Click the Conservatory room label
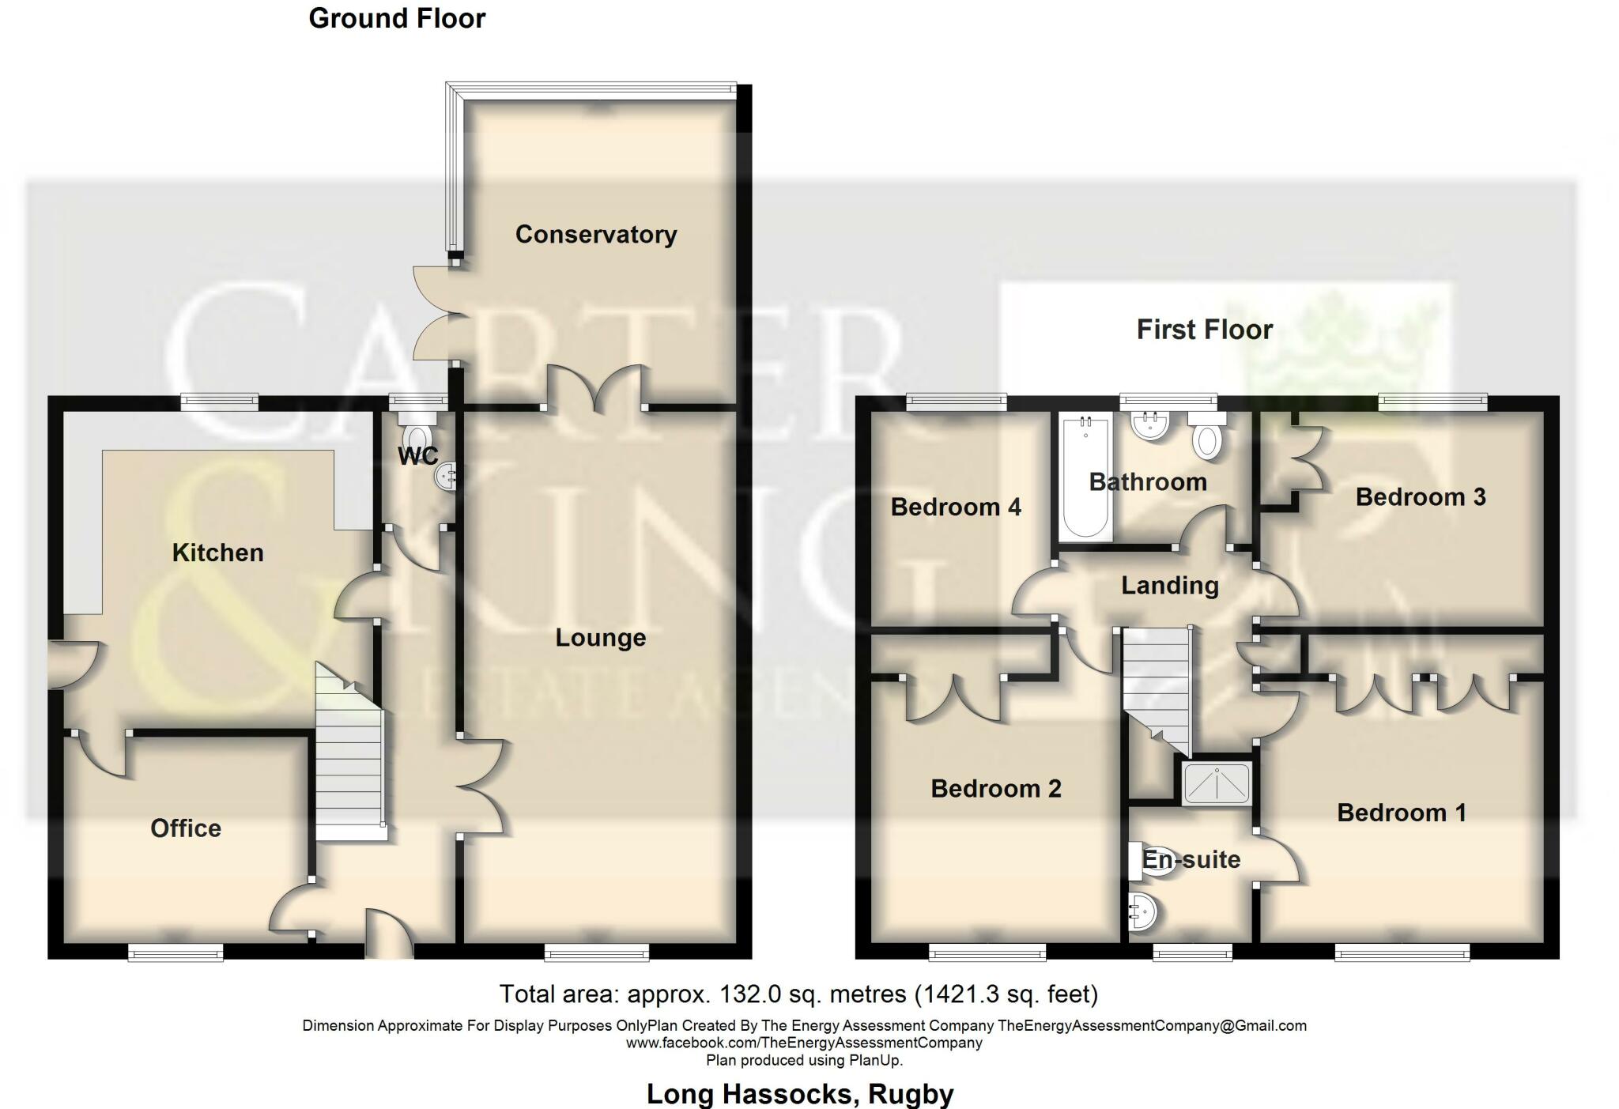(595, 235)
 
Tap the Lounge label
(600, 638)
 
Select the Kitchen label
(217, 553)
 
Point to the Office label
(186, 828)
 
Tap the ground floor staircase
(350, 759)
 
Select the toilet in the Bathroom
(1206, 439)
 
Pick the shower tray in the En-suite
(1217, 783)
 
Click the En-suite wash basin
(1143, 913)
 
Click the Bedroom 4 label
(956, 507)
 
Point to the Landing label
(1169, 586)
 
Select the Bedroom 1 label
(1401, 813)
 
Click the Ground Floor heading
(397, 18)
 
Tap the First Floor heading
(1204, 330)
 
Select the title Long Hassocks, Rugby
(800, 1094)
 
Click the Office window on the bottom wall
(175, 954)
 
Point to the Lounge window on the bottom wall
(597, 954)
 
